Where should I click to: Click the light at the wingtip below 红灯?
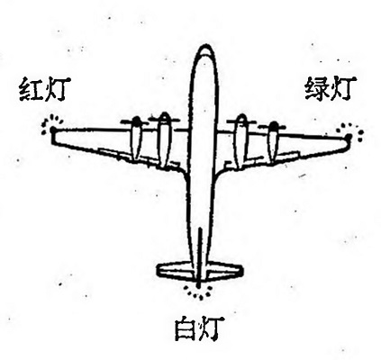point(52,130)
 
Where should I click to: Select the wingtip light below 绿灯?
point(349,136)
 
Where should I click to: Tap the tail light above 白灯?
point(198,291)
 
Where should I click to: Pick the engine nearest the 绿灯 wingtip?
point(274,142)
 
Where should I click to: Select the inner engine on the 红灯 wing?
point(165,140)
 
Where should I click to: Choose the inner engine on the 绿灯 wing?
point(241,141)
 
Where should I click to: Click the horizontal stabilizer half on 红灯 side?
point(175,271)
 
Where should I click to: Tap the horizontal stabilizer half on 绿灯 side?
point(223,271)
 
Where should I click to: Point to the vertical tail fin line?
point(199,256)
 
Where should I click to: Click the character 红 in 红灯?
point(32,89)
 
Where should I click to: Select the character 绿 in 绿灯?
point(317,88)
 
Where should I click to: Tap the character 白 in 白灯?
point(186,329)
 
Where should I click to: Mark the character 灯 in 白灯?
point(213,328)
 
